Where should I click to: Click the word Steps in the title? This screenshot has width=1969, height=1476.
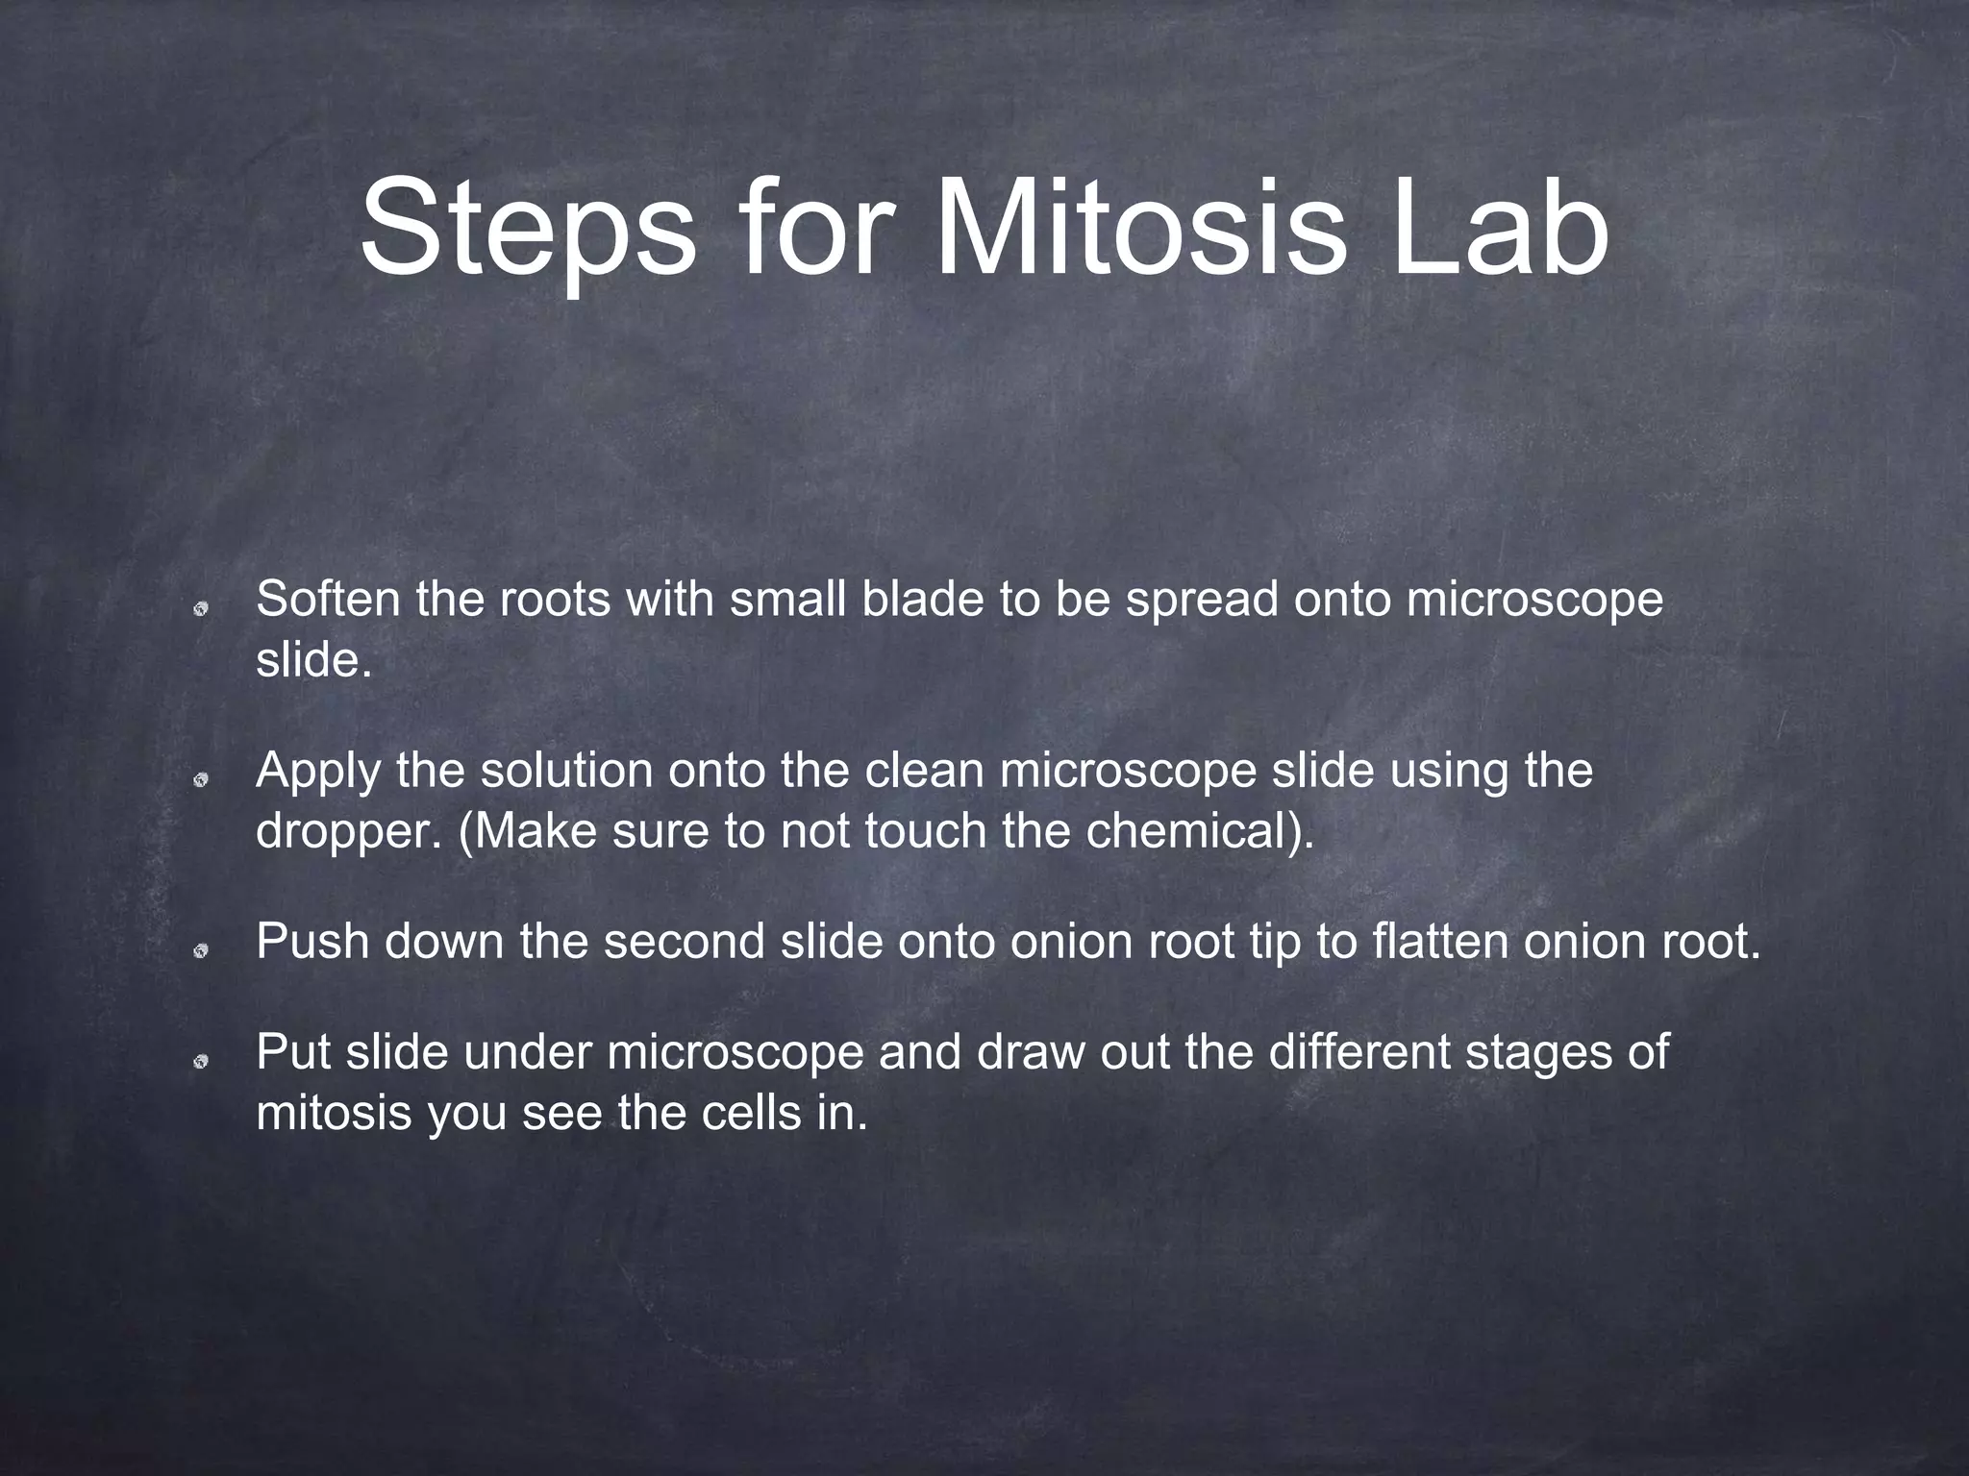click(x=527, y=230)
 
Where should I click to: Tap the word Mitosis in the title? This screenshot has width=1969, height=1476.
click(x=1140, y=230)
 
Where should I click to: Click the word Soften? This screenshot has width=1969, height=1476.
click(x=328, y=600)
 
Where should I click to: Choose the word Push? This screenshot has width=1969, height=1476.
click(x=313, y=942)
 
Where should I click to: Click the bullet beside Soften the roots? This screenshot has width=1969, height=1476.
click(x=201, y=607)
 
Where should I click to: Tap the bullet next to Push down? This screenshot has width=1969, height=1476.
click(x=201, y=950)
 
